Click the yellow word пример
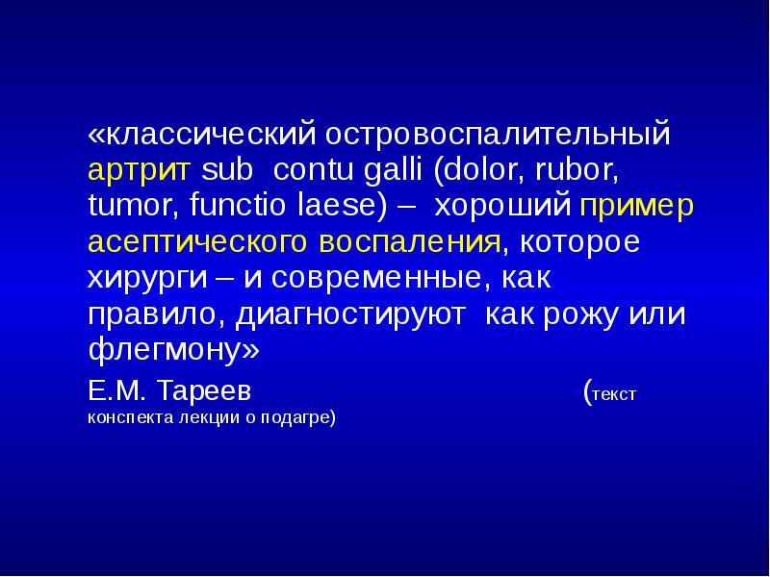636,206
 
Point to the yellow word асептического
203,241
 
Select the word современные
379,278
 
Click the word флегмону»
173,350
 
